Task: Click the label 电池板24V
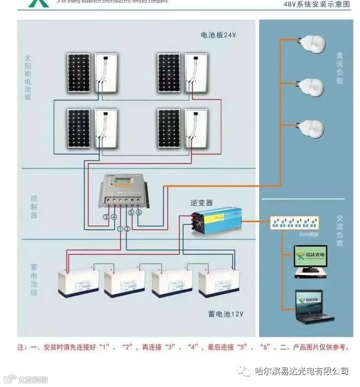tap(218, 35)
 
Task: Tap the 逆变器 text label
tap(202, 203)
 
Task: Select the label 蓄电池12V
tap(226, 314)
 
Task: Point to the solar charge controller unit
tap(124, 192)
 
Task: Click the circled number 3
tap(106, 217)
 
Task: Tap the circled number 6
tap(139, 212)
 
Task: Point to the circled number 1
tap(120, 229)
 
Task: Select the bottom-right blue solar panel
tap(169, 128)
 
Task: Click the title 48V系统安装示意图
tap(316, 4)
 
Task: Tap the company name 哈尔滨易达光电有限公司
tap(301, 371)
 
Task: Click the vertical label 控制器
tap(34, 207)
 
